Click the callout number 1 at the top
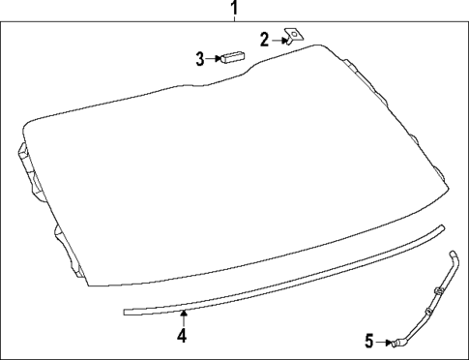click(233, 10)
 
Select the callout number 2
click(264, 40)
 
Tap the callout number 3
click(200, 59)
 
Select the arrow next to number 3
click(214, 59)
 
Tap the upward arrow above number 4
click(182, 315)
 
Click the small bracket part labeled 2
click(292, 38)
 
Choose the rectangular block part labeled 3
click(231, 56)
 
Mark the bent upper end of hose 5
click(454, 254)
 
